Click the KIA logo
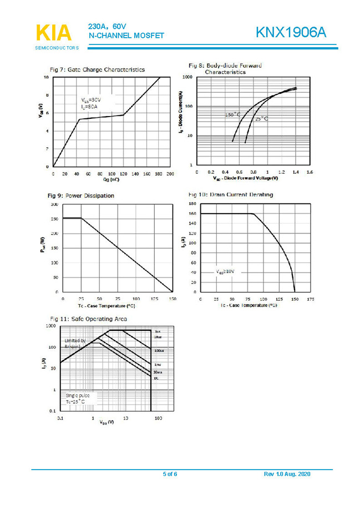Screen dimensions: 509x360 pyautogui.click(x=53, y=33)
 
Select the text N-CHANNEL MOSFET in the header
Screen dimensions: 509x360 pyautogui.click(x=126, y=36)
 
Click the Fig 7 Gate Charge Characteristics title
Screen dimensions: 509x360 pyautogui.click(x=97, y=70)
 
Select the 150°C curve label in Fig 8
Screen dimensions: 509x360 pyautogui.click(x=232, y=115)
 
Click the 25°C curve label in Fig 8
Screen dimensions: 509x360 pyautogui.click(x=262, y=119)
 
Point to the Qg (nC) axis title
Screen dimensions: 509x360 pyautogui.click(x=111, y=180)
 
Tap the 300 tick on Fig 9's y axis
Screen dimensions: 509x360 pyautogui.click(x=54, y=204)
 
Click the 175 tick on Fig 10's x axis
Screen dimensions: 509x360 pyautogui.click(x=310, y=299)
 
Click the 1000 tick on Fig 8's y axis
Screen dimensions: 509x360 pyautogui.click(x=187, y=77)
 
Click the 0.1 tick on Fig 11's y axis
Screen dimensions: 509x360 pyautogui.click(x=52, y=411)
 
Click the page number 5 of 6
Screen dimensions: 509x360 pyautogui.click(x=170, y=473)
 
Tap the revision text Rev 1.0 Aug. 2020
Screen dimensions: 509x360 pyautogui.click(x=287, y=473)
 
